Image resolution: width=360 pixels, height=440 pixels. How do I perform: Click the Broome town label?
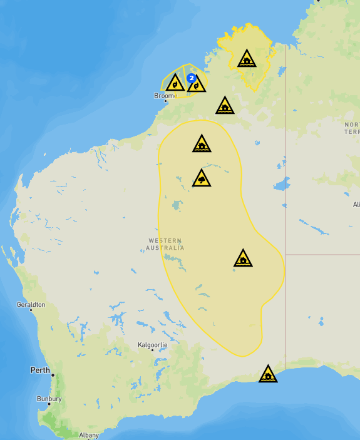[165, 95]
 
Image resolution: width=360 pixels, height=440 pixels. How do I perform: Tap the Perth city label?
[40, 370]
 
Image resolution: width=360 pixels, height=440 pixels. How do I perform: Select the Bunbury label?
[49, 399]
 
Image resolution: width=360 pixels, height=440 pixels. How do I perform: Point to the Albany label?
[89, 435]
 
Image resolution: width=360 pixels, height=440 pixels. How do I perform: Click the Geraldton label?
[31, 304]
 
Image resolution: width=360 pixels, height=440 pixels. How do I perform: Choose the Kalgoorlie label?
[152, 344]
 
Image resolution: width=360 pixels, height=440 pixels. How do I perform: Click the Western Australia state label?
[166, 244]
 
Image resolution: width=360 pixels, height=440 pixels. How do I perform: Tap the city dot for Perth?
[53, 376]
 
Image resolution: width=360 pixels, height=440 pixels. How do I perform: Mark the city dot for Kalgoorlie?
[152, 350]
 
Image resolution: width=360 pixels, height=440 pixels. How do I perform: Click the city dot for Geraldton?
[31, 310]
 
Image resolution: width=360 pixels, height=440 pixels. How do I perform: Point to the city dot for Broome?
[166, 101]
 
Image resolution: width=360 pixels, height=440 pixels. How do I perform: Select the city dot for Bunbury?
[49, 404]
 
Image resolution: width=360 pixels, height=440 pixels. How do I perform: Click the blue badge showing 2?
[191, 76]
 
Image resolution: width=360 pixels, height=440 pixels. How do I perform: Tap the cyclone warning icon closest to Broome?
[175, 83]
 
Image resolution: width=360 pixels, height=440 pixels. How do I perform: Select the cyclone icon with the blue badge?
[197, 84]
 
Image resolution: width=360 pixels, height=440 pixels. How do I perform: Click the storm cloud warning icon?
[201, 179]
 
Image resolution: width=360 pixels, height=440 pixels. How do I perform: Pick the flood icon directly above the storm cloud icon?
[201, 145]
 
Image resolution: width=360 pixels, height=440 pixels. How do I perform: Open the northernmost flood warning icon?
[247, 60]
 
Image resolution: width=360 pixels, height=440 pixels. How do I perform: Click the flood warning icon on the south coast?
[268, 374]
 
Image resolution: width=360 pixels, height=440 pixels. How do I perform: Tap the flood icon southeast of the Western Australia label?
[243, 259]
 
